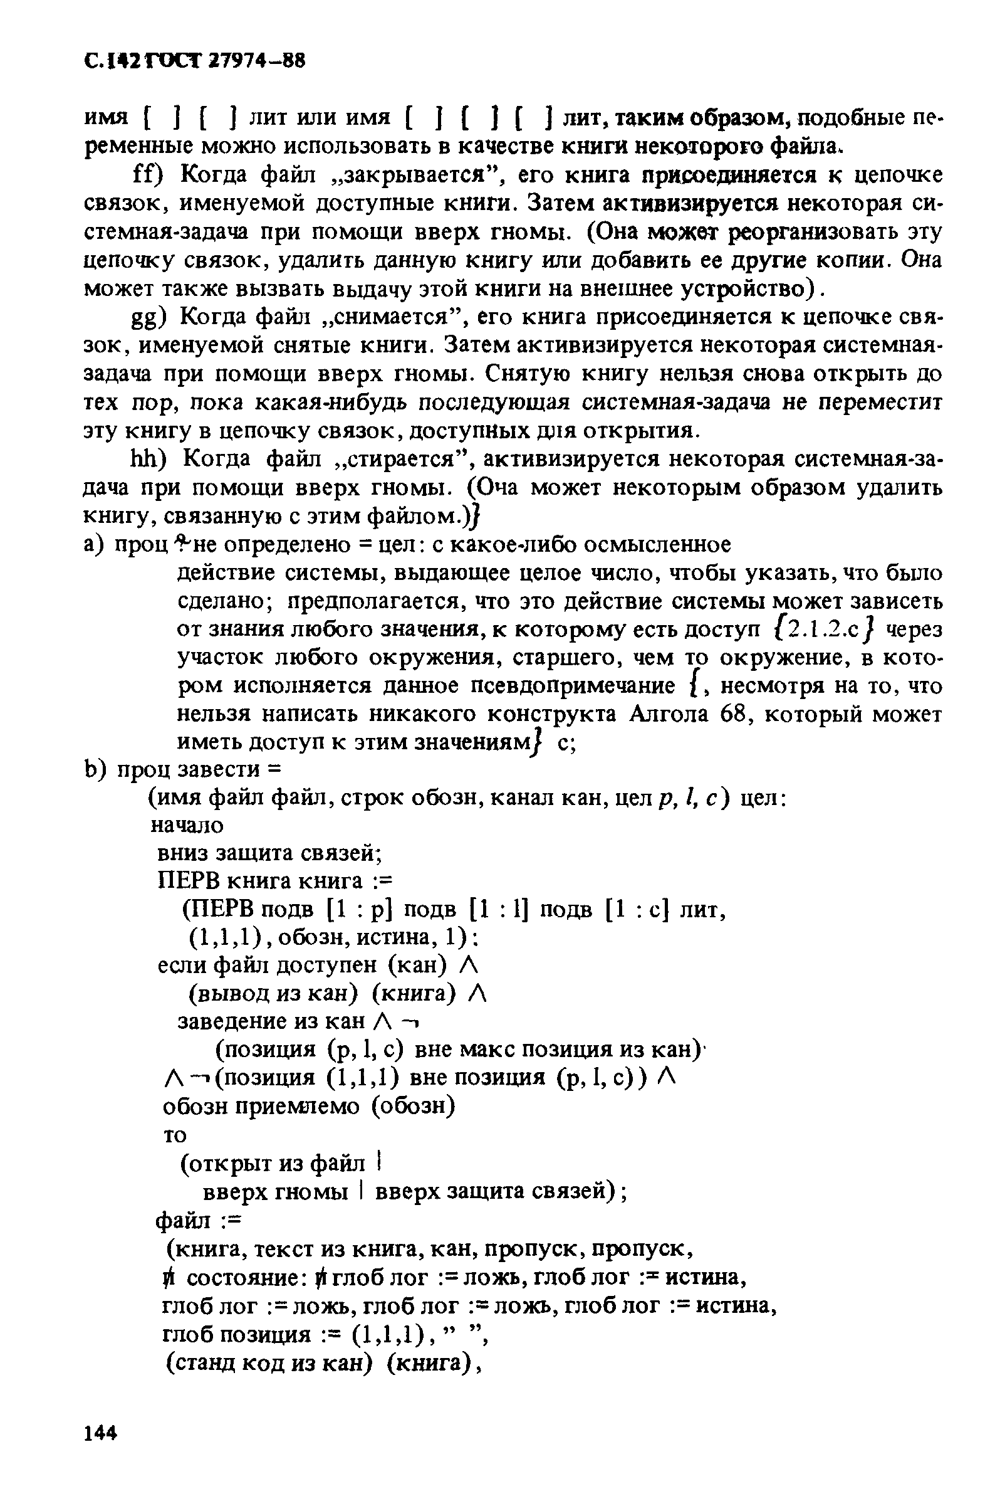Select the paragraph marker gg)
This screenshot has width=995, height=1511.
[148, 317]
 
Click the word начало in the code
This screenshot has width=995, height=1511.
[187, 825]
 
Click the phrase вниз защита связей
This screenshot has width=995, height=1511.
[267, 853]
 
